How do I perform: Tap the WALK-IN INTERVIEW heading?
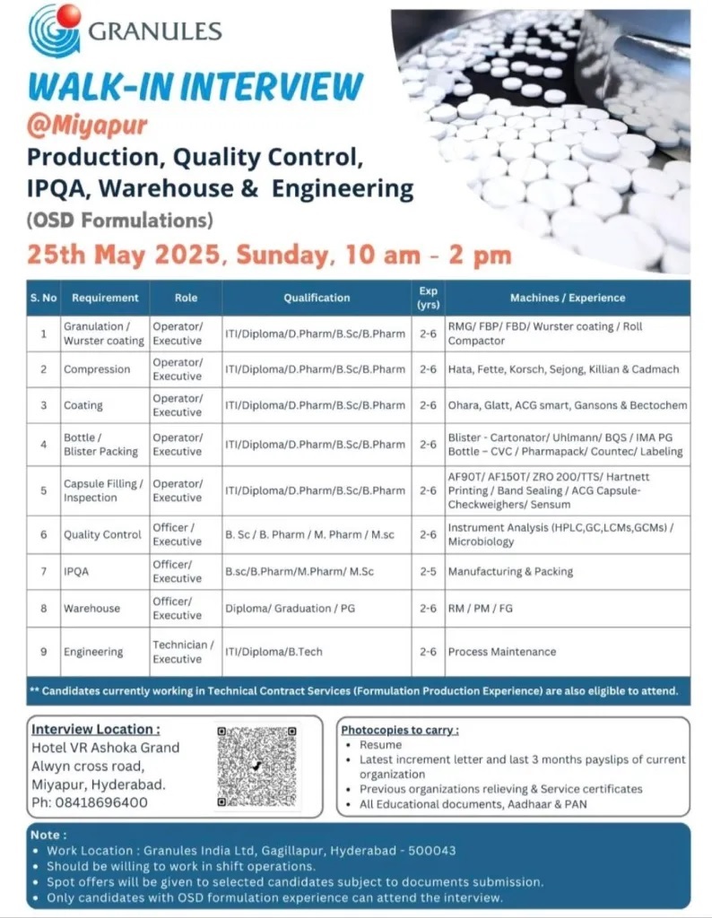click(195, 87)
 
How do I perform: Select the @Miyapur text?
click(87, 122)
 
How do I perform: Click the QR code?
click(256, 766)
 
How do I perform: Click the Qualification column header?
click(317, 298)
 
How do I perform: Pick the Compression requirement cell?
click(97, 369)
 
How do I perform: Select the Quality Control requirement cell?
click(102, 534)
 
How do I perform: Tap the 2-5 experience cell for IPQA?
click(429, 571)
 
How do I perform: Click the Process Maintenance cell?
click(502, 652)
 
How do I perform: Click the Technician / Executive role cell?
click(183, 652)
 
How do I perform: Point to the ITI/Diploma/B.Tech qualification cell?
click(272, 652)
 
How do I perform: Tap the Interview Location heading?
click(96, 729)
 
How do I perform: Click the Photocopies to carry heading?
click(400, 730)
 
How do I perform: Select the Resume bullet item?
click(380, 745)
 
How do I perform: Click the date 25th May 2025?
click(123, 255)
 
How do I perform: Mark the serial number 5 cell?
click(43, 490)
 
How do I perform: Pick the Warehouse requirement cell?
click(91, 608)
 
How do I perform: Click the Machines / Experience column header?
click(567, 298)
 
